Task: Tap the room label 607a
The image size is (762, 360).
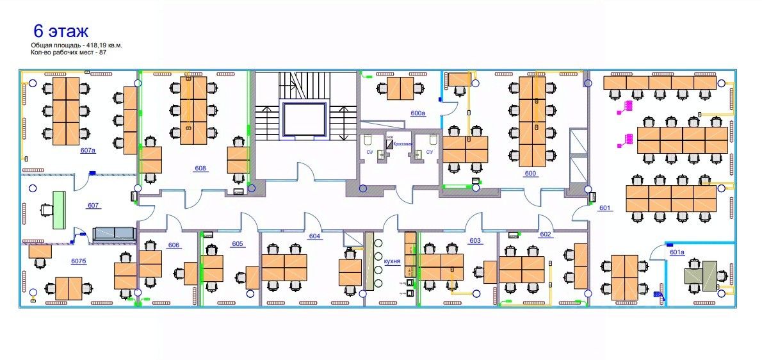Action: pos(88,151)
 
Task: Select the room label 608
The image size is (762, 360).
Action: pos(200,168)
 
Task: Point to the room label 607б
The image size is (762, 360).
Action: pos(79,261)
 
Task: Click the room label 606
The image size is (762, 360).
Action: pos(174,245)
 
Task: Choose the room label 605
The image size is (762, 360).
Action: pos(238,244)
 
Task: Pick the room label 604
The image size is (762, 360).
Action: pos(314,236)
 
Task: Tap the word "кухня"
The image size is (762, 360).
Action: pos(392,262)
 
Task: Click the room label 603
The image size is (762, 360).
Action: pos(475,241)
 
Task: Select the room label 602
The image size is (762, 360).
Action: pos(546,234)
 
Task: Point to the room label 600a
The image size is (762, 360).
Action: pos(418,113)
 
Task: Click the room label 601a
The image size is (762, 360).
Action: pos(677,252)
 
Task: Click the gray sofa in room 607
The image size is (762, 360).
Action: pos(114,234)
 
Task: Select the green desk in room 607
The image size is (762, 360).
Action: pos(60,210)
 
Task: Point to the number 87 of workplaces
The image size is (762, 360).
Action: pos(102,52)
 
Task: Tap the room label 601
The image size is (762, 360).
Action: pos(605,208)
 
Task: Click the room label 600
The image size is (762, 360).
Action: pos(530,174)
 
